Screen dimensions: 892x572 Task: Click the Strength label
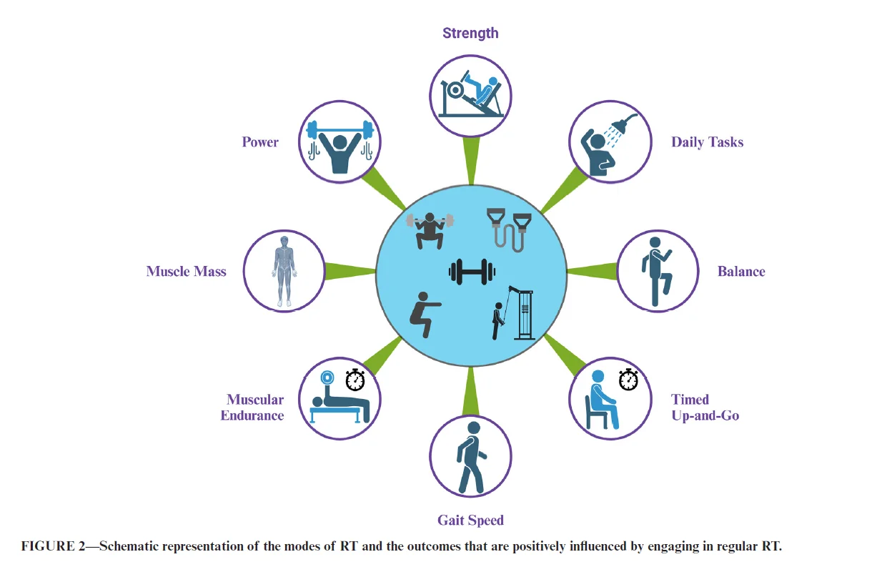coord(470,34)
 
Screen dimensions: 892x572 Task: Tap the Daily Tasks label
coord(707,142)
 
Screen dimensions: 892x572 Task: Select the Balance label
coord(741,271)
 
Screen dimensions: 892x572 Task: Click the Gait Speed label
coord(471,521)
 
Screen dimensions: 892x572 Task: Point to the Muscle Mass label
coord(186,271)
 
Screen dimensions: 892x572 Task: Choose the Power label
coord(260,142)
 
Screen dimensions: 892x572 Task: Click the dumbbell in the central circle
coord(472,272)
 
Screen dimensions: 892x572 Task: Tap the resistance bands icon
coord(509,230)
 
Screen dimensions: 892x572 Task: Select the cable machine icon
coord(512,313)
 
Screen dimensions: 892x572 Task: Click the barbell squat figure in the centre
coord(430,231)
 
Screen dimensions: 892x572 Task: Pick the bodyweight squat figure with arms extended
coord(425,315)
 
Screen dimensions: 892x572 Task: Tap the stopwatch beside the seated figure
coord(628,380)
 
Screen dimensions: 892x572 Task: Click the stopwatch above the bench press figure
coord(355,380)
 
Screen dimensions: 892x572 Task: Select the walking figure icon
coord(471,458)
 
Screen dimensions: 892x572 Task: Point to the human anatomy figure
coord(284,271)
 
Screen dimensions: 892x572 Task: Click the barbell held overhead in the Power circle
coord(340,130)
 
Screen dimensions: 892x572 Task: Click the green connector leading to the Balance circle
coord(592,271)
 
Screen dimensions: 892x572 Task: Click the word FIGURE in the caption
coord(48,546)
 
